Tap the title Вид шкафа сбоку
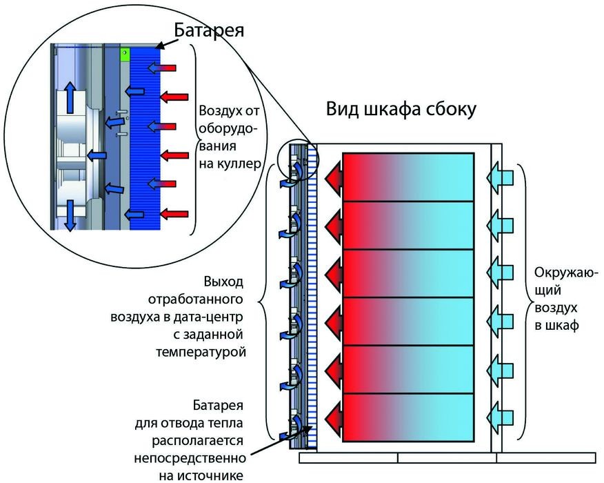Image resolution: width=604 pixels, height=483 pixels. (401, 110)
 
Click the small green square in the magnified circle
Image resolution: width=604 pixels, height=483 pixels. (124, 53)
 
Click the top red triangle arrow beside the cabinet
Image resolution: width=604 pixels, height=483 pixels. (334, 178)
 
